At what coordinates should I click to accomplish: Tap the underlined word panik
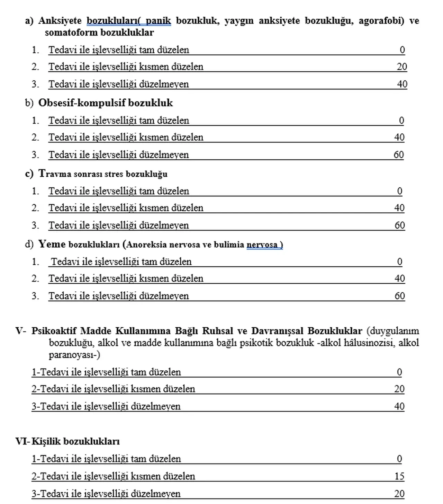pos(158,21)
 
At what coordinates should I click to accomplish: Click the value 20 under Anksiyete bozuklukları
pos(401,67)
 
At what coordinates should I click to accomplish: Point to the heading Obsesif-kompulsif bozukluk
pos(105,103)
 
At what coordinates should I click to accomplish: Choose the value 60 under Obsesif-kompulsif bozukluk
pos(399,154)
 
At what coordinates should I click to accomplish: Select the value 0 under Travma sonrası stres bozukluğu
pos(400,191)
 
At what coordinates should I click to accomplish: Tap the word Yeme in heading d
pos(52,244)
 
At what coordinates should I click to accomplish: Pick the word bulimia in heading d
pos(229,245)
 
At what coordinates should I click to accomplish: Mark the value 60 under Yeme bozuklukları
pos(400,296)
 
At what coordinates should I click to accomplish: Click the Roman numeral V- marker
pos(20,331)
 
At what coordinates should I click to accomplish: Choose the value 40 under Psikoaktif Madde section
pos(399,406)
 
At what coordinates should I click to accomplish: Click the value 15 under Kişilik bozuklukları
pos(399,476)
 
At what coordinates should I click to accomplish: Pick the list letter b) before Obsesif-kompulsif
pos(29,103)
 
